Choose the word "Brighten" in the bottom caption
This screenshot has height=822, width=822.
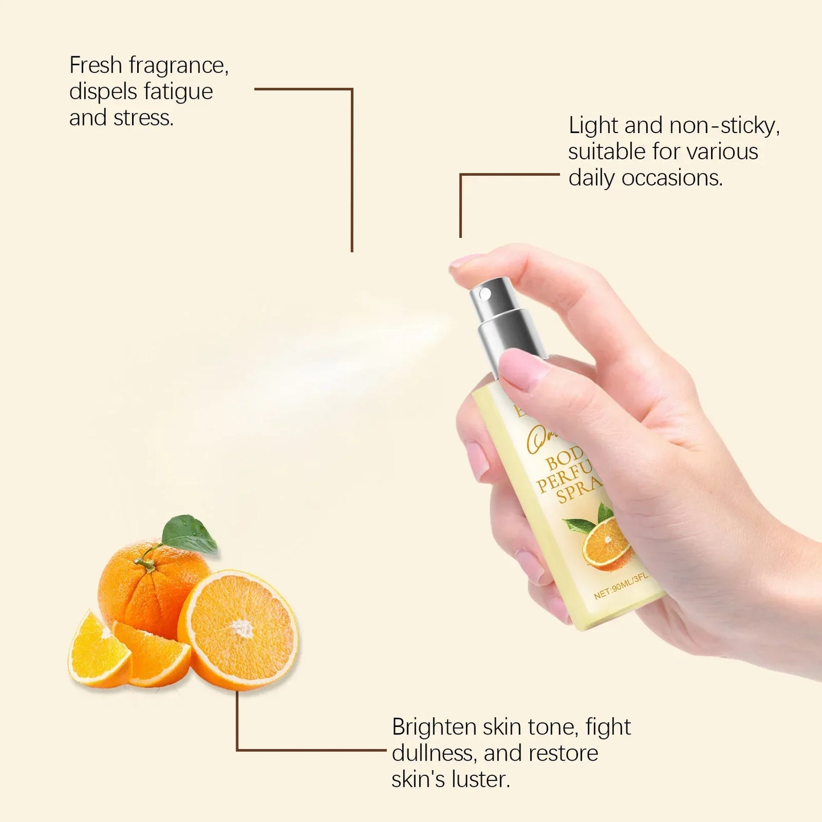click(434, 727)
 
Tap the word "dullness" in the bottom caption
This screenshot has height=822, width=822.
click(433, 753)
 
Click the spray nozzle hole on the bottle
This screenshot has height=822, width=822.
click(485, 294)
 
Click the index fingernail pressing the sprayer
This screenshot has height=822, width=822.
click(464, 261)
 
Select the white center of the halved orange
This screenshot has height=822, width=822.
click(242, 628)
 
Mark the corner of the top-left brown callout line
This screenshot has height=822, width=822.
click(352, 89)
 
